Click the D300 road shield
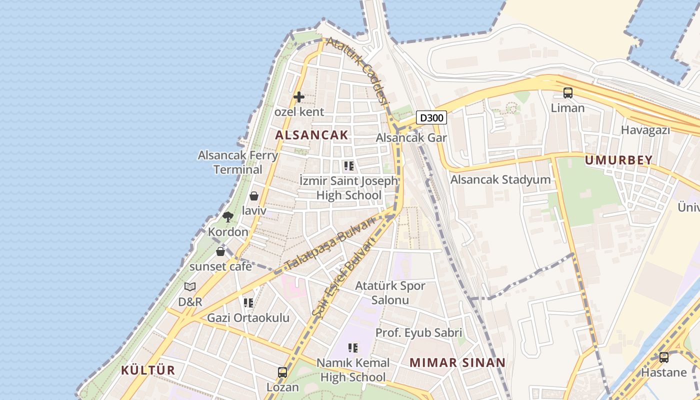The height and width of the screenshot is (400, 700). click(431, 118)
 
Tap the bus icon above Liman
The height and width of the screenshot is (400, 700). click(567, 92)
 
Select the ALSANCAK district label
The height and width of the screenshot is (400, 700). click(311, 134)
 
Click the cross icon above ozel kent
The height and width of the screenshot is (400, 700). click(299, 97)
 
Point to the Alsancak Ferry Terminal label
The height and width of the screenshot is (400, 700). click(238, 162)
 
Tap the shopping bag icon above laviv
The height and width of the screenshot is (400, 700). click(254, 196)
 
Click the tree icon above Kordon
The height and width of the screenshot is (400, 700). click(228, 217)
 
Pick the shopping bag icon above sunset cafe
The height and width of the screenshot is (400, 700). click(220, 251)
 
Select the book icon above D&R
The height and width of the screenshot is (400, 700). click(190, 287)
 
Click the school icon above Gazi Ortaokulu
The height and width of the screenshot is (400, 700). click(248, 302)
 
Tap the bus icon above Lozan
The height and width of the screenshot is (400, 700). click(282, 372)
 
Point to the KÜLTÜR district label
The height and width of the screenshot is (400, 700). click(148, 370)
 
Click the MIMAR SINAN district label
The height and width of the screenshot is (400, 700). click(457, 362)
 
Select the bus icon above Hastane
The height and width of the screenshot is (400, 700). click(663, 357)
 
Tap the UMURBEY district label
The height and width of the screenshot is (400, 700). click(618, 160)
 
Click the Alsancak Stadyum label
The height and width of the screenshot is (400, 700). click(500, 179)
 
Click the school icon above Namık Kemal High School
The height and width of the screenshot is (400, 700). click(353, 347)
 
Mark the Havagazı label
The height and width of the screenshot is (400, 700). click(645, 130)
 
